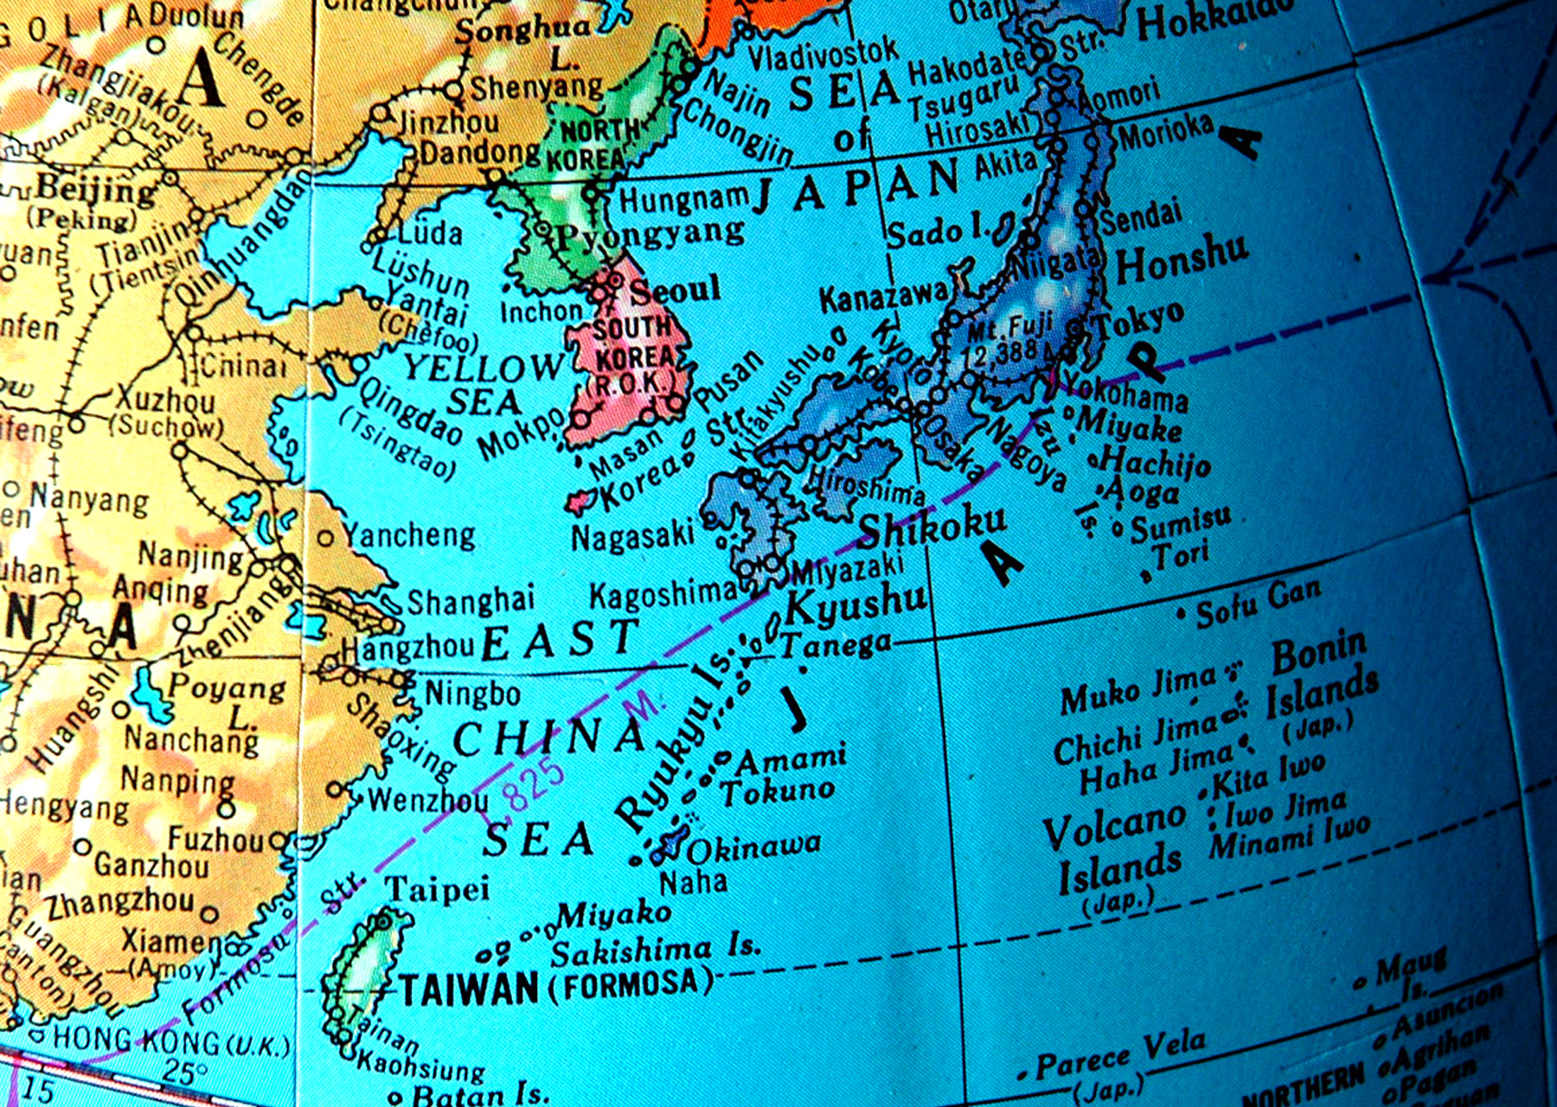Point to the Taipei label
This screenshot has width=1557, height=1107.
point(437,889)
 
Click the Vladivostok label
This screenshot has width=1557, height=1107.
point(823,55)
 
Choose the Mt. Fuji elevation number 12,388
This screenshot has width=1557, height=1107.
point(1003,351)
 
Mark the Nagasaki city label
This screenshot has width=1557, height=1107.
point(632,536)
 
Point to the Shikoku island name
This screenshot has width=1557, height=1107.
point(932,524)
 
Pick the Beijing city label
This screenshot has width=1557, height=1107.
point(95,189)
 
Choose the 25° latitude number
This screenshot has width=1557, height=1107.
point(185,1072)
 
